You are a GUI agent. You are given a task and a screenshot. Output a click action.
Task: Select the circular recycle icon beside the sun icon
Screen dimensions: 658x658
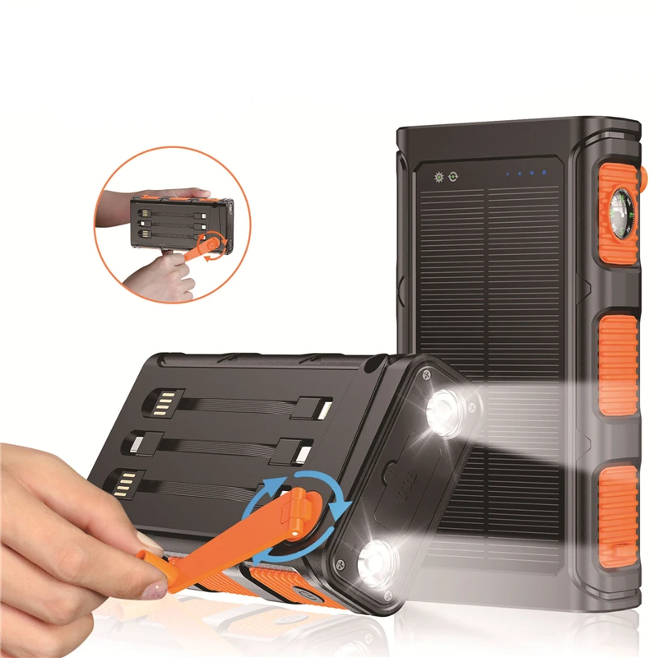coord(453,176)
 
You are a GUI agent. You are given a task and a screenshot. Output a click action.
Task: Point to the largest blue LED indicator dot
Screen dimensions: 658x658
coord(544,174)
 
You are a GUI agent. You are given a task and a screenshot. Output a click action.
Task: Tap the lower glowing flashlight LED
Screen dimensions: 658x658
coord(378,565)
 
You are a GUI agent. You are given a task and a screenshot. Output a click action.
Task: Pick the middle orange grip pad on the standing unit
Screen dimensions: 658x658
coord(619,362)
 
